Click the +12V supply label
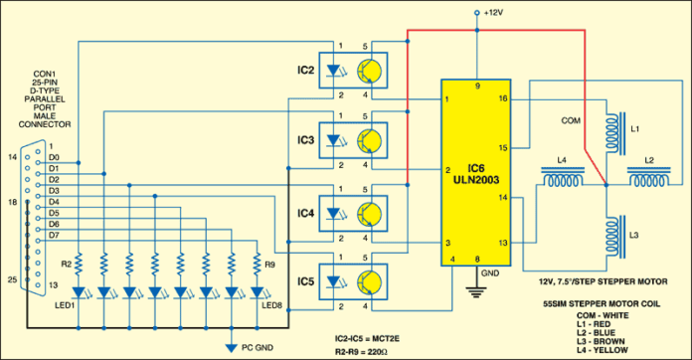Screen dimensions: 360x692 pos(493,13)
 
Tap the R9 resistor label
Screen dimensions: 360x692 pos(270,265)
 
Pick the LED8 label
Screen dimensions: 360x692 pos(270,304)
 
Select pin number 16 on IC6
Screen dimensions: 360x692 pos(503,99)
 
